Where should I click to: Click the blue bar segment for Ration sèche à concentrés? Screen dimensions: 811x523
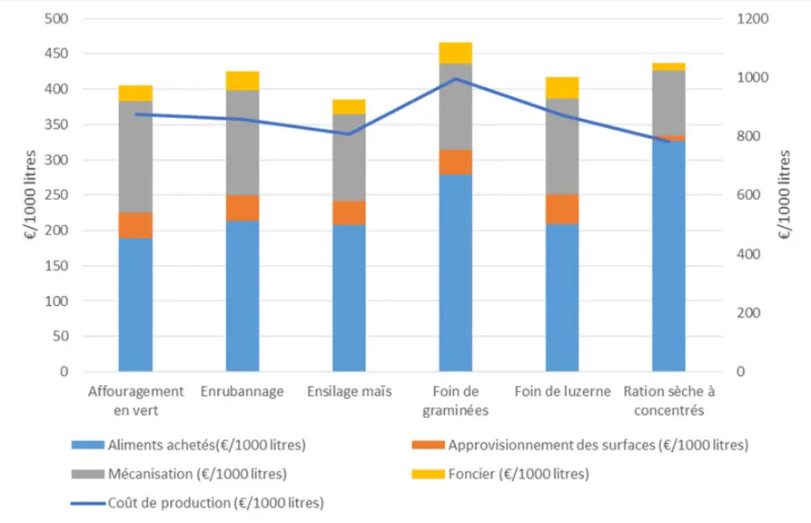click(x=668, y=256)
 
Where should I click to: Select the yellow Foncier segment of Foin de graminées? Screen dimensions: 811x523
click(x=456, y=54)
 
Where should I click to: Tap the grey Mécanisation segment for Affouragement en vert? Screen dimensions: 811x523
click(x=135, y=157)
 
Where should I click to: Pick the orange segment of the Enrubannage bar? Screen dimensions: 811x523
click(x=242, y=208)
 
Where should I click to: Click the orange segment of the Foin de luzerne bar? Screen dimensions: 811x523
click(x=562, y=209)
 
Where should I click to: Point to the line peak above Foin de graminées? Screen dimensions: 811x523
click(x=456, y=79)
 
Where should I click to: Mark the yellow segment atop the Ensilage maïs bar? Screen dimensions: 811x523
click(x=349, y=107)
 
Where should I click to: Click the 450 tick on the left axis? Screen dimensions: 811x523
click(x=56, y=54)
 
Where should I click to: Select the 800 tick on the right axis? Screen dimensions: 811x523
click(x=748, y=136)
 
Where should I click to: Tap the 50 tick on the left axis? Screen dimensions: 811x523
click(x=61, y=336)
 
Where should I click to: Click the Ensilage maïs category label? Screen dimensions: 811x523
click(x=350, y=391)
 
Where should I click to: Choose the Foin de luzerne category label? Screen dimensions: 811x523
click(x=563, y=391)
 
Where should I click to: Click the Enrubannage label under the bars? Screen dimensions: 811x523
click(x=242, y=391)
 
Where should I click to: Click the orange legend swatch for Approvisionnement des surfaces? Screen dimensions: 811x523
click(x=429, y=445)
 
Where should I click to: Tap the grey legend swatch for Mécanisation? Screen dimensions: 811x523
click(x=88, y=474)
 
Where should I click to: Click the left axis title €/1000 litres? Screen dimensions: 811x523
click(x=31, y=195)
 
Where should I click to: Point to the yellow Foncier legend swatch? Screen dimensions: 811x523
click(x=429, y=474)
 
